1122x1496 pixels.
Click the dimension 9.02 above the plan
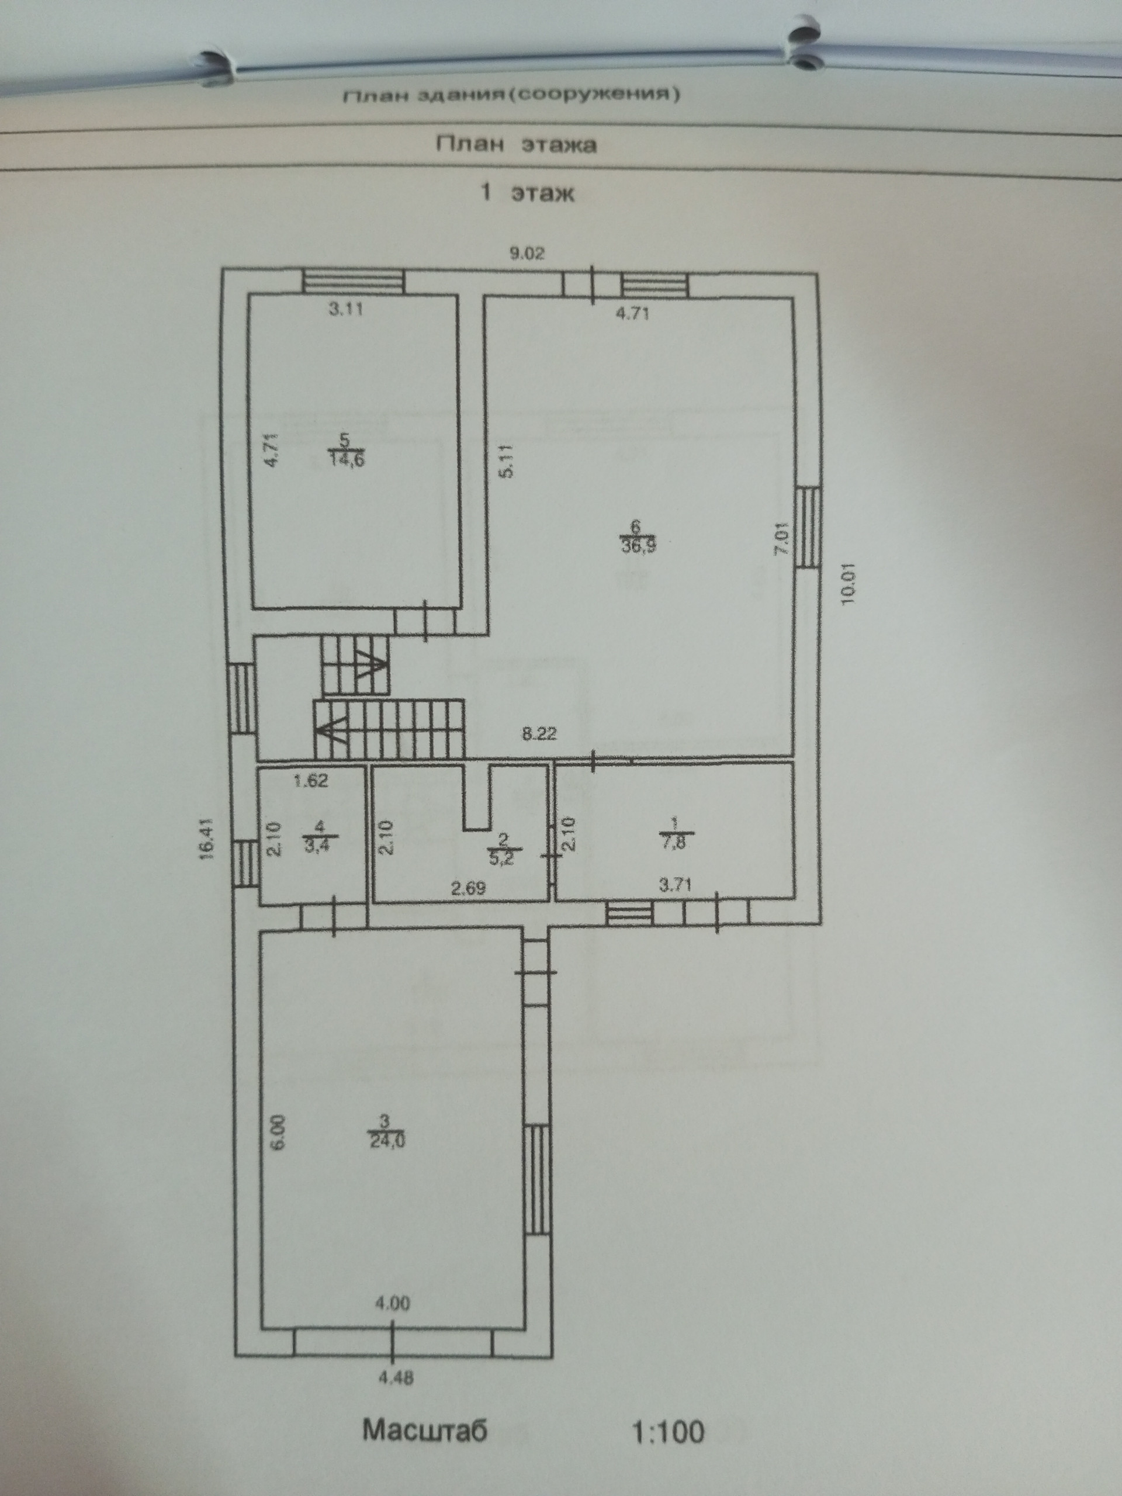(527, 254)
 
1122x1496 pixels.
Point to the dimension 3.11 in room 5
(347, 310)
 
